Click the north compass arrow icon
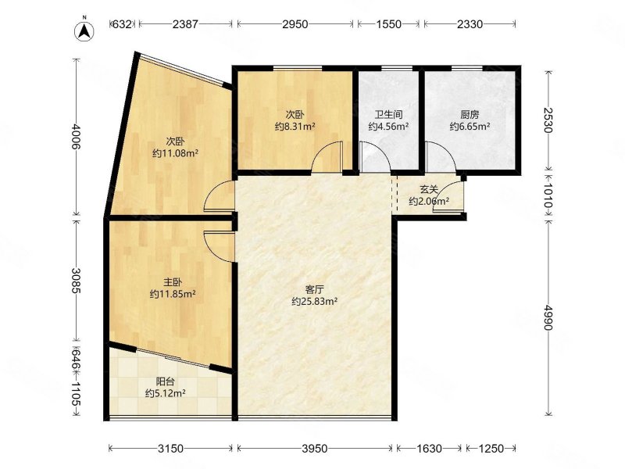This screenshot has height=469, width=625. (84, 30)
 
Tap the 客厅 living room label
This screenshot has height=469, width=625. (315, 289)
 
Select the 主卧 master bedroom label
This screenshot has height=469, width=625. (173, 282)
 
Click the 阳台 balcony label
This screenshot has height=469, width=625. (165, 381)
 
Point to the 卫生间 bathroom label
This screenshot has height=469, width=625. (388, 115)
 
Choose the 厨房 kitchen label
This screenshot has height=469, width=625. (470, 115)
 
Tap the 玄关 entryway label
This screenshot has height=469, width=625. (429, 189)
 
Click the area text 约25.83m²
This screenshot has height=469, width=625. (315, 302)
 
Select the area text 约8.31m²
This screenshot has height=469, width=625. (295, 127)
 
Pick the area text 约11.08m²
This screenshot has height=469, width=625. (175, 153)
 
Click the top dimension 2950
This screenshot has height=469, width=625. (295, 24)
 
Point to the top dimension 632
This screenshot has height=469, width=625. (122, 24)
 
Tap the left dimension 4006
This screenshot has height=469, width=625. (76, 137)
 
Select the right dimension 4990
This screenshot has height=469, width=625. (548, 318)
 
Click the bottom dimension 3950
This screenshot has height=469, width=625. (315, 449)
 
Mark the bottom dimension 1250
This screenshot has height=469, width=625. (491, 449)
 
